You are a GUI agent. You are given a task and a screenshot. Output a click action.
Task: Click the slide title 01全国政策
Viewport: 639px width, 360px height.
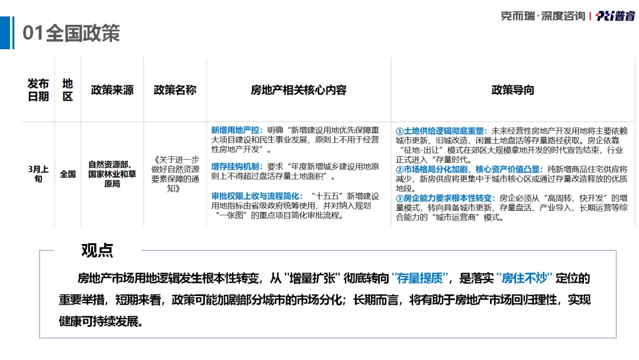(x=71, y=33)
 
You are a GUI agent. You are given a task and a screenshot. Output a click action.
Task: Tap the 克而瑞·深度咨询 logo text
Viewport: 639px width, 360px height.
(x=543, y=16)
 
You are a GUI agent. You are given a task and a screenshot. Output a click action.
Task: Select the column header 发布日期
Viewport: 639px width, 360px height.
(x=38, y=90)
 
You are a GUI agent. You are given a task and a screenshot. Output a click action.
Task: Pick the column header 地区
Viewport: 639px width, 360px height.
(x=67, y=90)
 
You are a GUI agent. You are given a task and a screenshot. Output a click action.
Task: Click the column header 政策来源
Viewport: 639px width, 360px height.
(x=112, y=90)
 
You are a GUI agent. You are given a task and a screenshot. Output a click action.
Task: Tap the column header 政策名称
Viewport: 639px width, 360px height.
(x=175, y=90)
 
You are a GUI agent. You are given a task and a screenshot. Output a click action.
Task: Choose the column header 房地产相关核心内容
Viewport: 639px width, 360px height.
(x=298, y=90)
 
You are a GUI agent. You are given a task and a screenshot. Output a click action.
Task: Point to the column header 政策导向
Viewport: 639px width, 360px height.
(x=512, y=90)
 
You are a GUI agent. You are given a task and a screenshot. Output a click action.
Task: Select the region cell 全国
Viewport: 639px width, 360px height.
(x=67, y=174)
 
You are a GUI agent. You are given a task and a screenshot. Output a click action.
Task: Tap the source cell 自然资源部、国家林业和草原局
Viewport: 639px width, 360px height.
(x=112, y=174)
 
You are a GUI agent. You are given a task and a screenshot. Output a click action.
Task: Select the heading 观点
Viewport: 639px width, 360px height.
(x=98, y=250)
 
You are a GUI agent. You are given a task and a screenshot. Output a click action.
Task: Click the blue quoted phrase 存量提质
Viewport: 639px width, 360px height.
(x=421, y=278)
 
